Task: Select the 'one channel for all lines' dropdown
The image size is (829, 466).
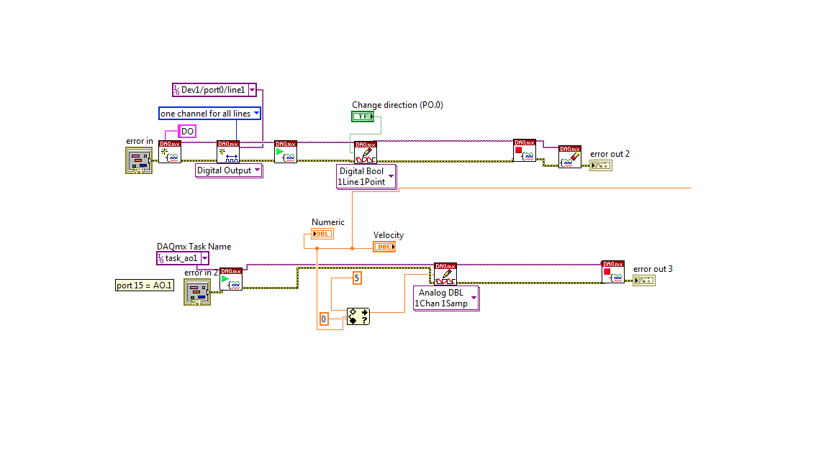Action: point(209,114)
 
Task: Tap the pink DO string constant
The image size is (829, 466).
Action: point(187,132)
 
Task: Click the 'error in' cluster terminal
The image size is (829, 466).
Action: point(138,160)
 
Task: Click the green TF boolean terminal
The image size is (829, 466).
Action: point(363,116)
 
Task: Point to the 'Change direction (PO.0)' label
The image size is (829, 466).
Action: point(397,105)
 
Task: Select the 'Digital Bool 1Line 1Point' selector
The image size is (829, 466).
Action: point(366,177)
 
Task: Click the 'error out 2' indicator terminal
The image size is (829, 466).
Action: point(600,165)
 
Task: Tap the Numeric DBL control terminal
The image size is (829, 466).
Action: point(323,234)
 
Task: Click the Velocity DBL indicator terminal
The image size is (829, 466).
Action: point(384,247)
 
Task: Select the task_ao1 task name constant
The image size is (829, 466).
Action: point(182,258)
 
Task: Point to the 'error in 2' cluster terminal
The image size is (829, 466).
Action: point(197,293)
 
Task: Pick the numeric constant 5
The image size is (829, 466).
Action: point(356,278)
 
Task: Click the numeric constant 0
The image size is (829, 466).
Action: point(324,319)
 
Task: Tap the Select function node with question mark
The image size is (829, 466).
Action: point(358,316)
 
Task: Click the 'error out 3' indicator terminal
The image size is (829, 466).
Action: point(643,280)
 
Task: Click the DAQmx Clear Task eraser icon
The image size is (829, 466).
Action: point(570,156)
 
